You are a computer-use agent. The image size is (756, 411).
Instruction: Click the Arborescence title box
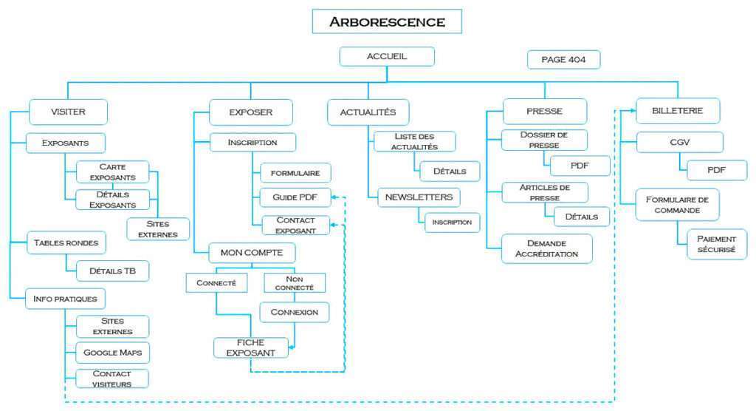click(387, 21)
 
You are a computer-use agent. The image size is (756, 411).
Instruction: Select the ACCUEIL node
click(387, 56)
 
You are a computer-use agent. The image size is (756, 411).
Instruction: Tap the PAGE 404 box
click(563, 59)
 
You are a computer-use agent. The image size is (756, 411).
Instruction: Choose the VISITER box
click(69, 112)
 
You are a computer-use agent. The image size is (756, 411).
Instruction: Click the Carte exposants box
click(112, 172)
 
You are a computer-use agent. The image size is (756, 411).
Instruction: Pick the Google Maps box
click(112, 352)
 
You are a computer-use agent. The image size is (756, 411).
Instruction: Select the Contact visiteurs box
click(112, 378)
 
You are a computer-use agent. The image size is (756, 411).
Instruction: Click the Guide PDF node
click(295, 197)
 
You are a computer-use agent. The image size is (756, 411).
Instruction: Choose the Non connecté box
click(295, 282)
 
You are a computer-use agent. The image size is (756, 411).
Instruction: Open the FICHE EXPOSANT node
click(250, 347)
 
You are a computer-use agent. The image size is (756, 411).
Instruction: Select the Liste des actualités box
click(414, 141)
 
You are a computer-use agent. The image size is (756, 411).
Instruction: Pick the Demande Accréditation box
click(546, 248)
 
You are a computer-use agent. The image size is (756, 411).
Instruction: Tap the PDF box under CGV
click(716, 170)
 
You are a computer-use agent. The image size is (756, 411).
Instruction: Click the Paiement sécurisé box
click(716, 244)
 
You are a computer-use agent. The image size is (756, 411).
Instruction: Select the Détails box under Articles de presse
click(582, 217)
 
